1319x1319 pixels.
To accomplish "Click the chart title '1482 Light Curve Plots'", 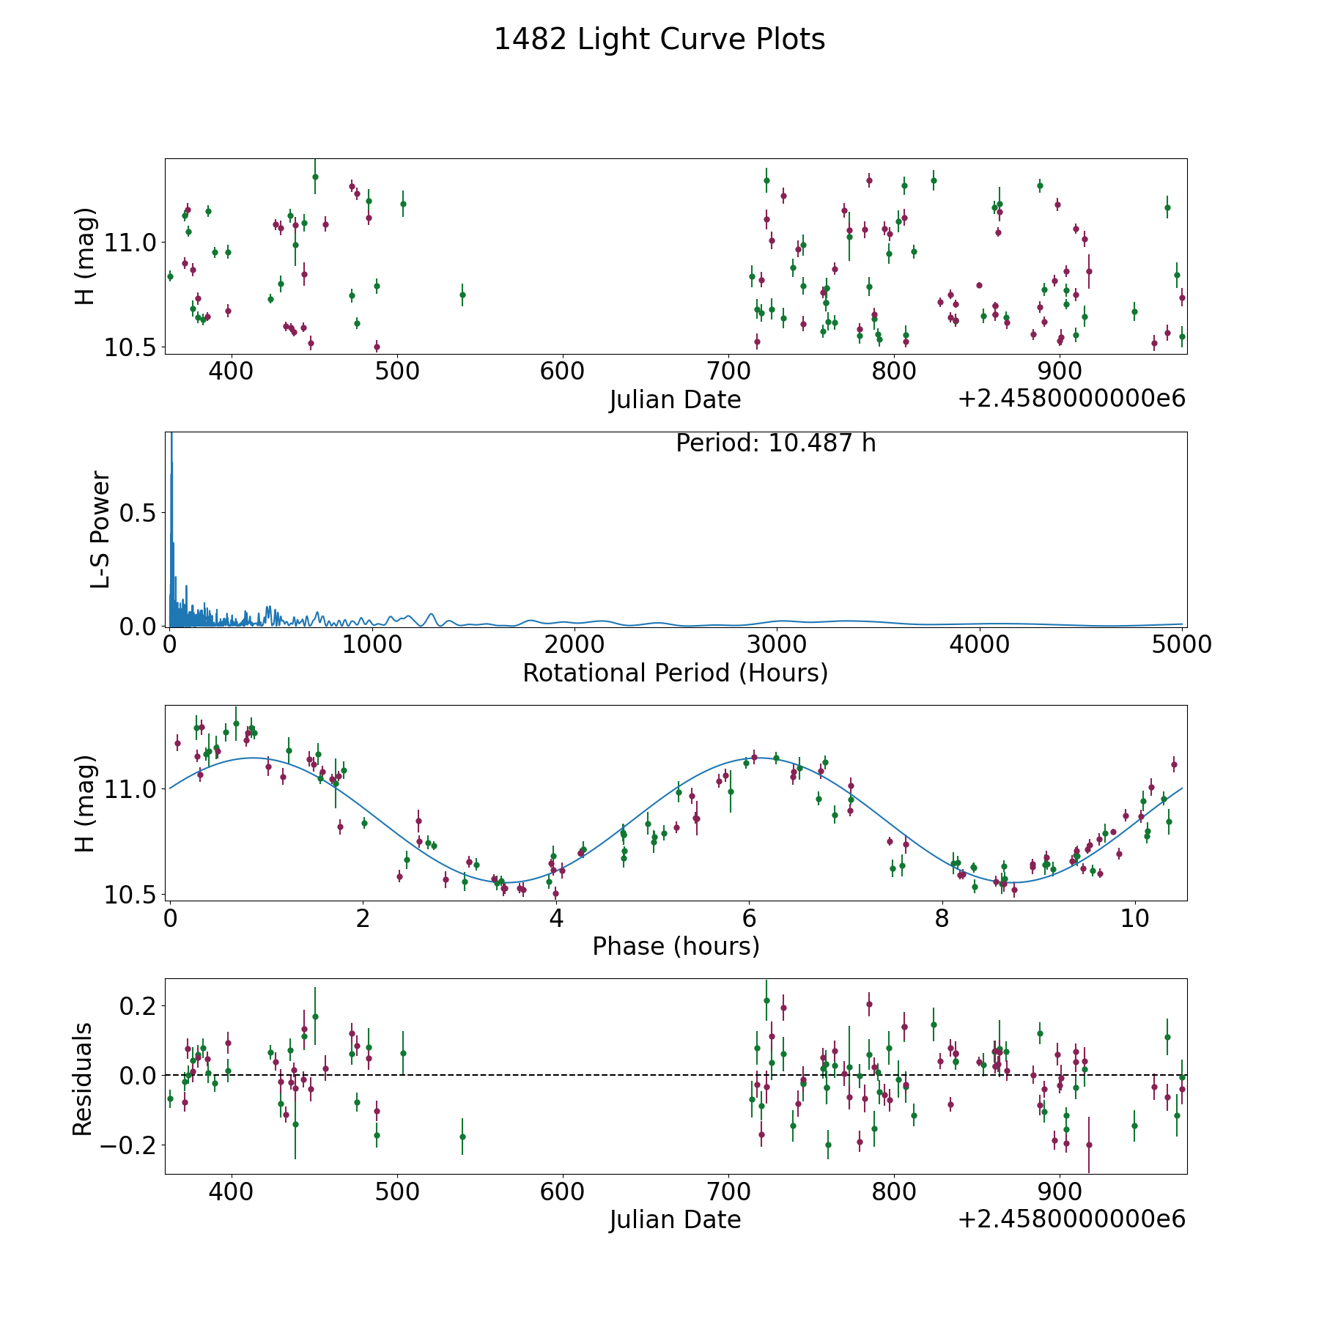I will pyautogui.click(x=659, y=40).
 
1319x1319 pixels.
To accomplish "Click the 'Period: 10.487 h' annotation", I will pyautogui.click(x=775, y=443).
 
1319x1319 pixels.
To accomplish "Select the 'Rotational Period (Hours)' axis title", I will pyautogui.click(x=675, y=673).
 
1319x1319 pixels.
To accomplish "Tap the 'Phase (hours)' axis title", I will pyautogui.click(x=675, y=946).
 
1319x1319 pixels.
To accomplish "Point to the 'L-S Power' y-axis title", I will pyautogui.click(x=100, y=529).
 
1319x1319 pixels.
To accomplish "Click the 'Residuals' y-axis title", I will pyautogui.click(x=83, y=1079).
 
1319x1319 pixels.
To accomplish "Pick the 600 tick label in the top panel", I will pyautogui.click(x=562, y=371).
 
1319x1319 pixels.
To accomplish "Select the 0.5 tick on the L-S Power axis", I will pyautogui.click(x=139, y=514).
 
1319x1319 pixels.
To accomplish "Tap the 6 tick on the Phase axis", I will pyautogui.click(x=749, y=917).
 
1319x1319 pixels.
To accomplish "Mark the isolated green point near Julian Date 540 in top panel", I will pyautogui.click(x=462, y=295).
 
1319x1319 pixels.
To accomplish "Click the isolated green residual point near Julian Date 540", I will pyautogui.click(x=462, y=1137).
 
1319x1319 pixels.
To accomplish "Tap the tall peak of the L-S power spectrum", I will pyautogui.click(x=171, y=440).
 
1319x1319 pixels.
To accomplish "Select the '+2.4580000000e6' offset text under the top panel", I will pyautogui.click(x=1071, y=399).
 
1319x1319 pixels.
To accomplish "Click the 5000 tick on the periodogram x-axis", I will pyautogui.click(x=1182, y=644).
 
